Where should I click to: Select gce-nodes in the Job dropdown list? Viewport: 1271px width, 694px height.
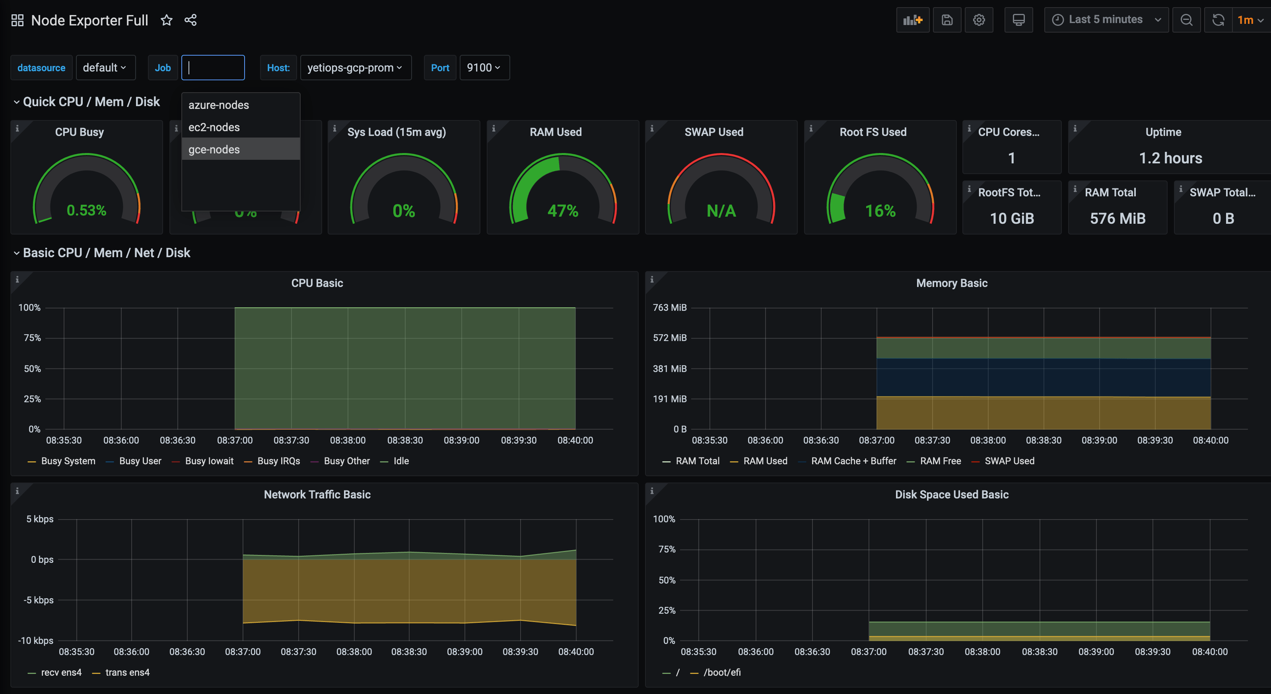[x=214, y=149]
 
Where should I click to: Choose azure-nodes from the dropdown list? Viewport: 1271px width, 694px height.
[x=219, y=105]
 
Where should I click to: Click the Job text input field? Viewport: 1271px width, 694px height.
[x=213, y=68]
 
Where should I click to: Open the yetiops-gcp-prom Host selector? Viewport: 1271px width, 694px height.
[x=355, y=68]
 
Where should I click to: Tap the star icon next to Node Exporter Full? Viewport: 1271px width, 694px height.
[x=167, y=20]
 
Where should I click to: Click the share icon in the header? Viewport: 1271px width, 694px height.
[x=190, y=20]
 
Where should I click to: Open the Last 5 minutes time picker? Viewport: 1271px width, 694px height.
[x=1106, y=20]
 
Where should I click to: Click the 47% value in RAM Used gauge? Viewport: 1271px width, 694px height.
[x=562, y=211]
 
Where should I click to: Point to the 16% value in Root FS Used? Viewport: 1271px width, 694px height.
[x=880, y=211]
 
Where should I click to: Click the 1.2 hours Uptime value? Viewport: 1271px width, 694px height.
[x=1170, y=158]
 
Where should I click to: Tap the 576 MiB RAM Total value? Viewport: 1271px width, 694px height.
[x=1117, y=219]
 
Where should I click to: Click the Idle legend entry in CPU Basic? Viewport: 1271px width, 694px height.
[x=400, y=461]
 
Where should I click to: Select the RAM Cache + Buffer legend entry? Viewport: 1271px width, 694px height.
[x=853, y=461]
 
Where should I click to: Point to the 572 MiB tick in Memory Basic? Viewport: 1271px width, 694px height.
[x=670, y=338]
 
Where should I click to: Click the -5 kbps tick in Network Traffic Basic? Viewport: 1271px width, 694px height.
[x=39, y=600]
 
